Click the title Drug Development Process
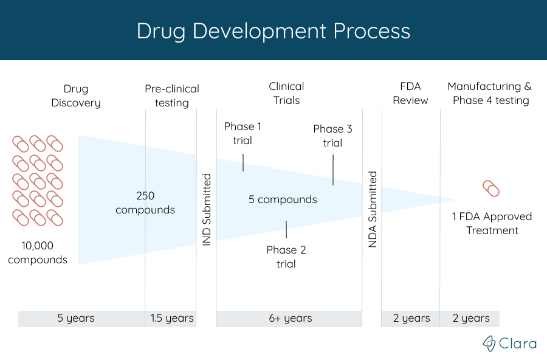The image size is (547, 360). [273, 31]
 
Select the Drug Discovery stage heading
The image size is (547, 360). [76, 95]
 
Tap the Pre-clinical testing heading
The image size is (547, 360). [171, 95]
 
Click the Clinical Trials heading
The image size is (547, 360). [286, 93]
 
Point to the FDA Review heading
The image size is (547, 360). [410, 93]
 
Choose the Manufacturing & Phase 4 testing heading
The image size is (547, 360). [493, 93]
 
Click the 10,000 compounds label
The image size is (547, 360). [38, 252]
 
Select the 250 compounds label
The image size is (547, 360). [145, 202]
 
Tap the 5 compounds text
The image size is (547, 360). [283, 199]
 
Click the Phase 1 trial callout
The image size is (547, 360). [243, 133]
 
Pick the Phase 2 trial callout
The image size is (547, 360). [286, 257]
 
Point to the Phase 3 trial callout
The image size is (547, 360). [332, 136]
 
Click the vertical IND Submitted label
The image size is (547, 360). [207, 210]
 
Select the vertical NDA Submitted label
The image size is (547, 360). [373, 209]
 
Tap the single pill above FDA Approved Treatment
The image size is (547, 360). [490, 189]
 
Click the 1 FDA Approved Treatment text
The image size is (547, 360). [492, 223]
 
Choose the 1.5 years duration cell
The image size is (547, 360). [172, 318]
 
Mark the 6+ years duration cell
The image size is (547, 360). [289, 318]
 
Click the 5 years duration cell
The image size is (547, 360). [76, 318]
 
